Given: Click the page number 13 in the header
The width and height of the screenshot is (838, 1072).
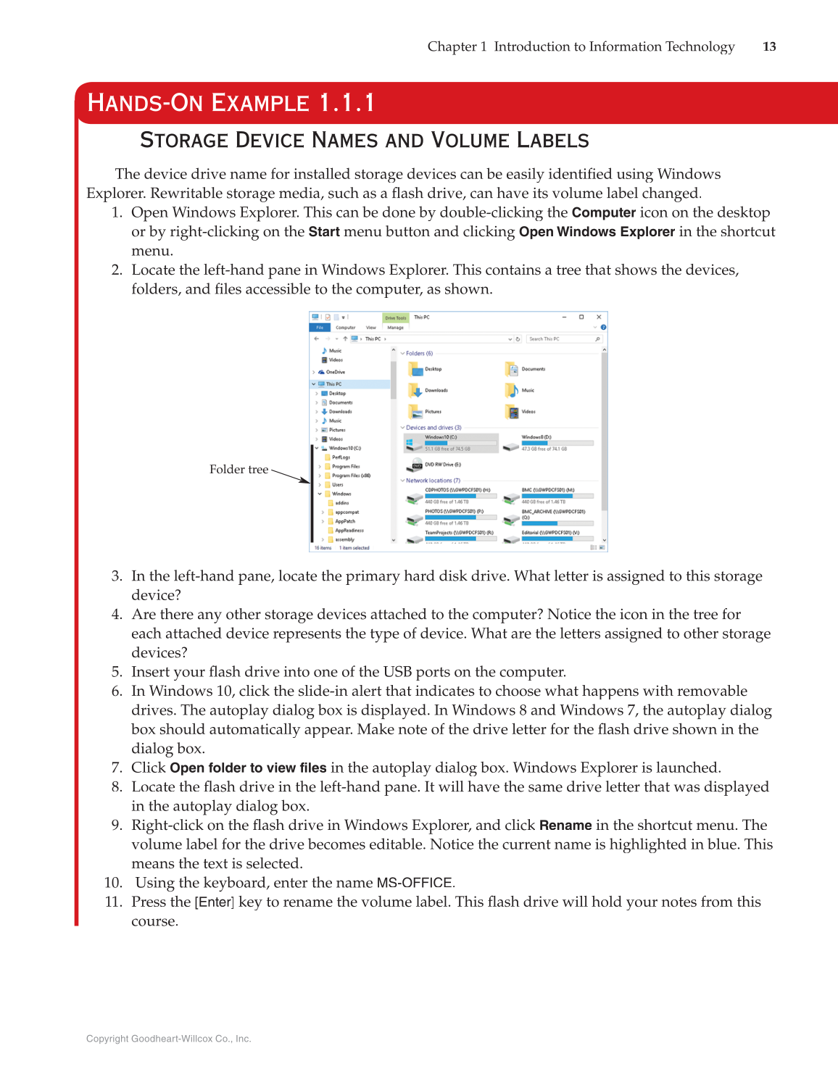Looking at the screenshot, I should [x=769, y=46].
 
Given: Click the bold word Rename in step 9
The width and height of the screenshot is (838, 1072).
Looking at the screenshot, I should [x=565, y=826].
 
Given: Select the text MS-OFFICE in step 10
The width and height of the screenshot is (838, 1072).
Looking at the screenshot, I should [x=415, y=883].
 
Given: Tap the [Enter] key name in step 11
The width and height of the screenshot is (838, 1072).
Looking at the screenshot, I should [x=214, y=902].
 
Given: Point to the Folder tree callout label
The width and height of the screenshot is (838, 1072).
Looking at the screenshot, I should [x=238, y=470].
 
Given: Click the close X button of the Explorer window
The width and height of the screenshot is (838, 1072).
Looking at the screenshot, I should [x=599, y=317].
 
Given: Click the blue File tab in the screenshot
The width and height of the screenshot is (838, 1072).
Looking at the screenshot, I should [x=320, y=328].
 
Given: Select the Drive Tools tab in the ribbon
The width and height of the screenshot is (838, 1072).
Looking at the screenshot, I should [x=395, y=317].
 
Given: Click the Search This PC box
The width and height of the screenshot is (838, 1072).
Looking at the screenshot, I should [x=561, y=338].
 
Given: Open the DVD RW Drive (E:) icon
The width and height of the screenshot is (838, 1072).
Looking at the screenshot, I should [x=416, y=465].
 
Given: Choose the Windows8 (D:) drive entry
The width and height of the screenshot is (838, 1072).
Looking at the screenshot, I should [x=536, y=437].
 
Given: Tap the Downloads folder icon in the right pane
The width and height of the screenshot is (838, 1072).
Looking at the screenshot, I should [x=415, y=391].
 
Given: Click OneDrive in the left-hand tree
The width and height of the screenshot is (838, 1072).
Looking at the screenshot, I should [x=335, y=372].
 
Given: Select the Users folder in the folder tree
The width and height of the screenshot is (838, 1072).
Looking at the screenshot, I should [x=337, y=485].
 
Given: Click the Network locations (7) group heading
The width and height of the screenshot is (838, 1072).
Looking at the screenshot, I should [x=432, y=481].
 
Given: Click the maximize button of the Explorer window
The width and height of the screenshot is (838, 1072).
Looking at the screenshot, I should [x=581, y=317].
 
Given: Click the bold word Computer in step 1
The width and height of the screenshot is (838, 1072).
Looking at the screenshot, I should [x=603, y=213].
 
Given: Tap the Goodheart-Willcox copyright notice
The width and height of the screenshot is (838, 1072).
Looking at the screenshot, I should [x=169, y=1039].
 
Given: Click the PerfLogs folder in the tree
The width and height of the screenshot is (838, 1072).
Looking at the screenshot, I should [x=340, y=457].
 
